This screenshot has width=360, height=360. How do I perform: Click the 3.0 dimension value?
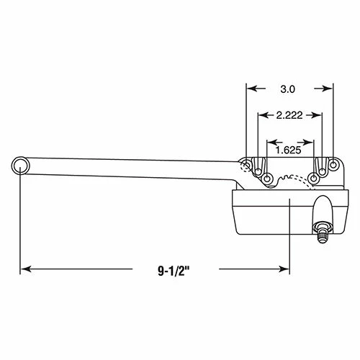[x=288, y=89]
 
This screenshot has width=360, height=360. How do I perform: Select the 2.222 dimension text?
[x=288, y=115]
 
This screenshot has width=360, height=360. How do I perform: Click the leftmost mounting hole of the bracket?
[x=248, y=165]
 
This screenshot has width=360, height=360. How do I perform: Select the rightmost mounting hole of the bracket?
[x=333, y=166]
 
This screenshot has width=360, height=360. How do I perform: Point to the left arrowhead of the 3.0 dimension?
[x=251, y=89]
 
